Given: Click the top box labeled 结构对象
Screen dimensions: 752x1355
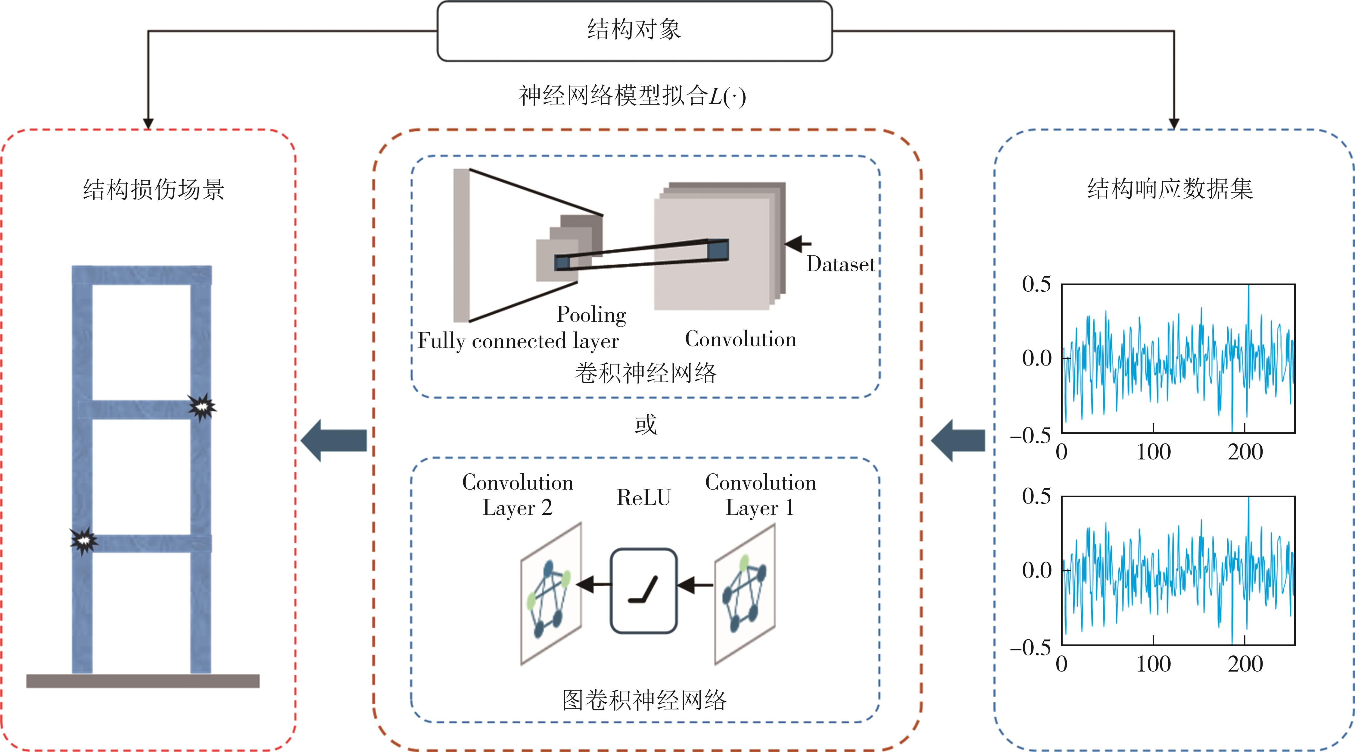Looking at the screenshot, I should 634,30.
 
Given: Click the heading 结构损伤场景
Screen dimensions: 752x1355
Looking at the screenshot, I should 154,190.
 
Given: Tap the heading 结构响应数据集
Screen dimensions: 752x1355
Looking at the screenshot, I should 1170,188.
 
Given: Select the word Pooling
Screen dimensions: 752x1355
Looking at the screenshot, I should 591,314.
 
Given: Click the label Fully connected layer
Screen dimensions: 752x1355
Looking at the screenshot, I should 518,341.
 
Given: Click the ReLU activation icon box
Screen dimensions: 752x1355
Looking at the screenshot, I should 643,591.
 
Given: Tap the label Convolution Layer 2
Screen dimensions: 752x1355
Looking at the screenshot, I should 518,495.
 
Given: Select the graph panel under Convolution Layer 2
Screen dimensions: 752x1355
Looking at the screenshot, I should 551,594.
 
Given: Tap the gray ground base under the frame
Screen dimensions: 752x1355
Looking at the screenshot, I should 142,681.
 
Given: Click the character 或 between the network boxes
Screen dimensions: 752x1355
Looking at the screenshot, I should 645,424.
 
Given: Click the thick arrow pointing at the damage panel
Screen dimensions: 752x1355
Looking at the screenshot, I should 334,440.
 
